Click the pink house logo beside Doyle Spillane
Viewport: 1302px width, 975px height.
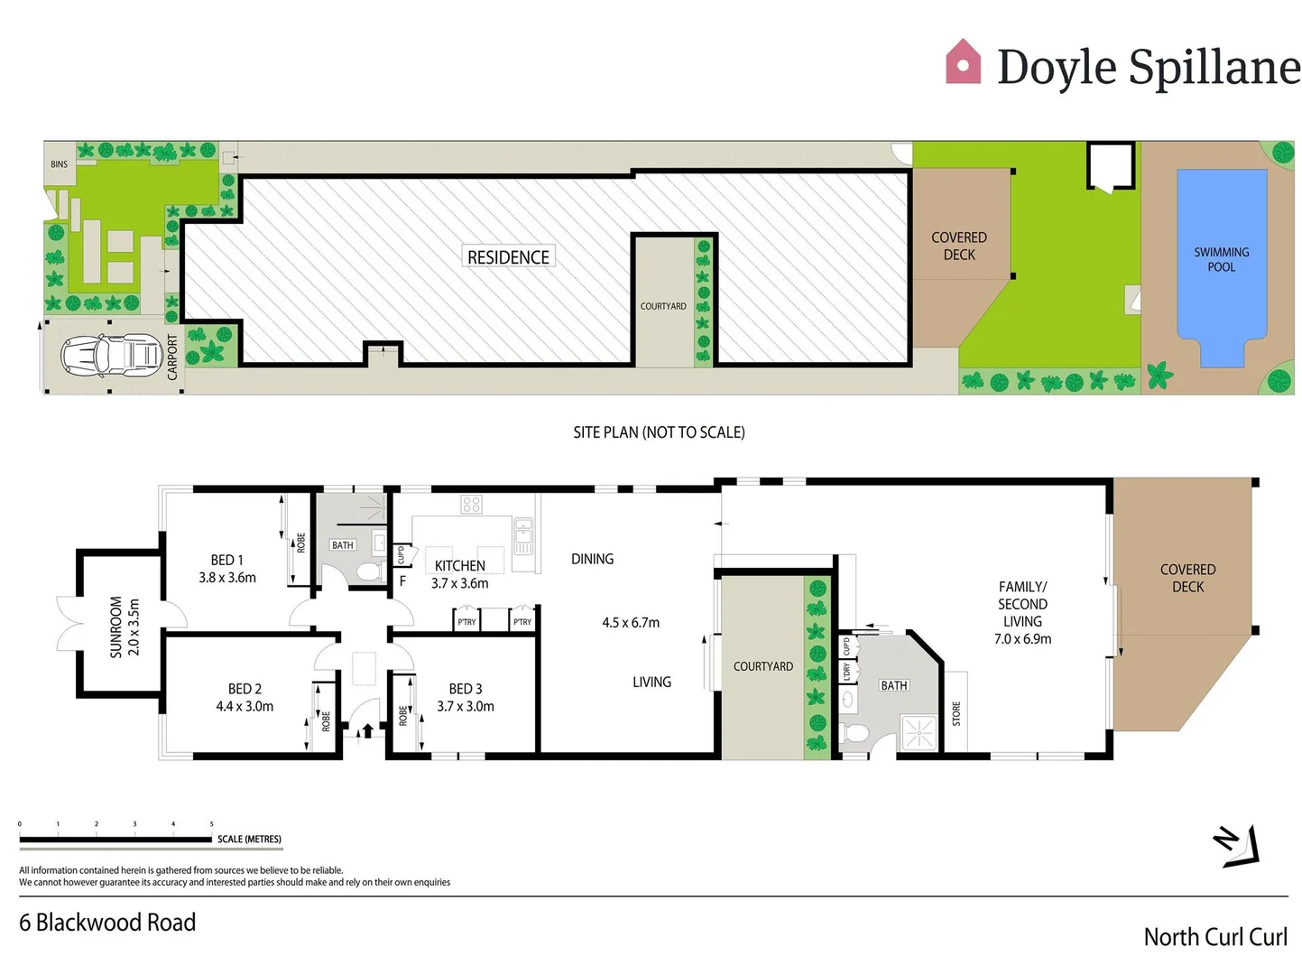click(x=963, y=62)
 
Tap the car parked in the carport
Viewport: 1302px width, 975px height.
click(x=111, y=355)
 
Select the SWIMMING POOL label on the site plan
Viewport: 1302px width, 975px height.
click(x=1221, y=259)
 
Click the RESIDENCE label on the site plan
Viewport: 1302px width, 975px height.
click(x=508, y=257)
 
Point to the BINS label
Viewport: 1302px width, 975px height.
click(x=60, y=164)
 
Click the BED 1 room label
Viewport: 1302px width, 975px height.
click(x=226, y=560)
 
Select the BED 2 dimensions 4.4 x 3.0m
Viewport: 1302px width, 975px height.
click(x=245, y=706)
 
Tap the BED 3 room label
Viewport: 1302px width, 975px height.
click(x=466, y=689)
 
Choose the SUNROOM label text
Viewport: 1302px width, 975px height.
click(x=115, y=627)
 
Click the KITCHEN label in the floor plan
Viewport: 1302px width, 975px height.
click(x=460, y=566)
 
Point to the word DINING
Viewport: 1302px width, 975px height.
click(x=592, y=559)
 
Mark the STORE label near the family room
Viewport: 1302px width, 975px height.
click(x=956, y=713)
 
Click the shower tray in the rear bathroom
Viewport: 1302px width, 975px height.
click(x=919, y=733)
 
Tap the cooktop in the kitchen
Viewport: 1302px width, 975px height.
click(x=472, y=505)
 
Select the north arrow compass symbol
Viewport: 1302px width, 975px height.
click(x=1237, y=847)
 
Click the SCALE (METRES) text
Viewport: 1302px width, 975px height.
click(x=249, y=840)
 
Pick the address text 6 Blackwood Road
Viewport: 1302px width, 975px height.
click(x=107, y=923)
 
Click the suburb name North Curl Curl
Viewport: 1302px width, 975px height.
click(x=1215, y=937)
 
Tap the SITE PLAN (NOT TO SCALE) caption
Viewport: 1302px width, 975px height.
click(x=659, y=432)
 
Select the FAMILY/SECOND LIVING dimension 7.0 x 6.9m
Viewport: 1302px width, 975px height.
click(x=1022, y=639)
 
